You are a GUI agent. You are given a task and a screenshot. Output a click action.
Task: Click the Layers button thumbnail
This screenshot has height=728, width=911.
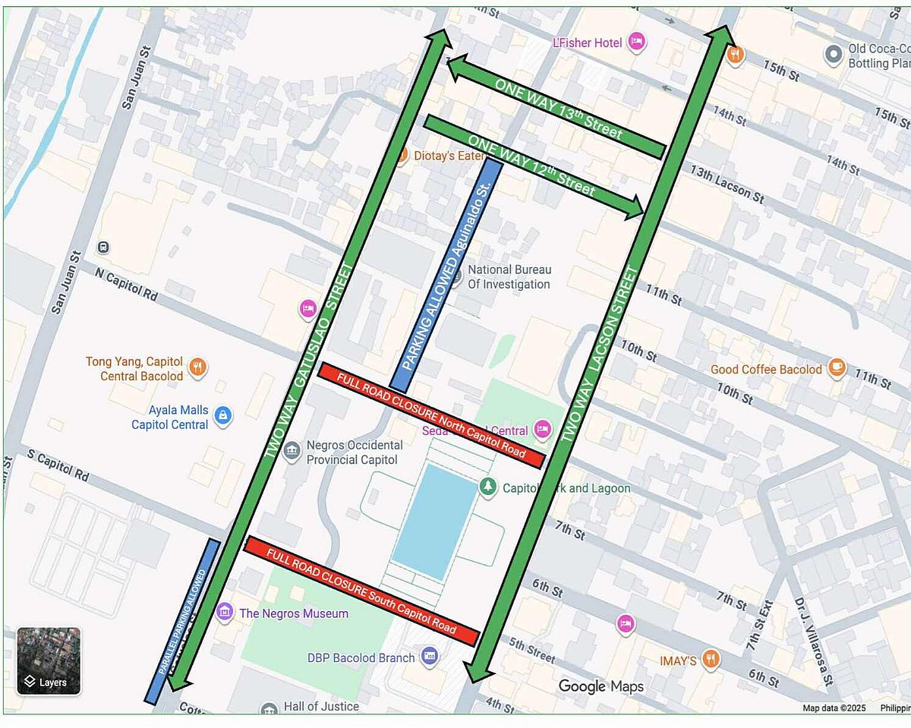tap(49, 660)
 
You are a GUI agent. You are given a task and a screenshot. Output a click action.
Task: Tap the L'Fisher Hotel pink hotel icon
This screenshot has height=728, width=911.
tap(637, 42)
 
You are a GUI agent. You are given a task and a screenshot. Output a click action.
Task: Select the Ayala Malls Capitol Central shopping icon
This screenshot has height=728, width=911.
tap(223, 415)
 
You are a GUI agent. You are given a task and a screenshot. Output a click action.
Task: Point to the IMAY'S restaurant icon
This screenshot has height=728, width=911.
tap(711, 659)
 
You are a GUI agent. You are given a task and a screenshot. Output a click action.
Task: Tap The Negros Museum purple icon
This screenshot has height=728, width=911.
tap(224, 612)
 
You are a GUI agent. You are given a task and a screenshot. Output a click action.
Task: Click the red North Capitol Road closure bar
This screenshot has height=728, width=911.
tap(430, 415)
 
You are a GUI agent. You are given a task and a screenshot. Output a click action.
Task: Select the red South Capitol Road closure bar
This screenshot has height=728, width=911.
tap(362, 591)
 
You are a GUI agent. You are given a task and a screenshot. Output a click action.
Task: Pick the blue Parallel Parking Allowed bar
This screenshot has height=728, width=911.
tap(183, 621)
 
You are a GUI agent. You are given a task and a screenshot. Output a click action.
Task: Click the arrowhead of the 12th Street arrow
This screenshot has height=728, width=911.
tap(635, 207)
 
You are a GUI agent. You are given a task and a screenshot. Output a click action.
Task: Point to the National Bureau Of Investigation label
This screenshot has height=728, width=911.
tap(509, 277)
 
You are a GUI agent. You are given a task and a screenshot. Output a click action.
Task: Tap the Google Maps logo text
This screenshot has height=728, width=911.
tap(601, 686)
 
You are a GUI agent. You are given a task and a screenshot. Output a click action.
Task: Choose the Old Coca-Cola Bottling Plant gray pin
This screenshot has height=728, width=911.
tap(834, 54)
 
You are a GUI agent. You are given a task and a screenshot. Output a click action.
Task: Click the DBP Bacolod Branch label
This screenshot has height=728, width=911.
tap(361, 658)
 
